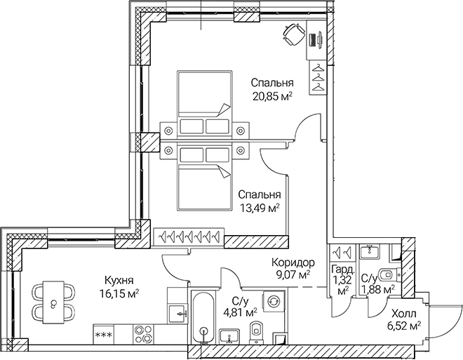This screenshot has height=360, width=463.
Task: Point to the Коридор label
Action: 294,263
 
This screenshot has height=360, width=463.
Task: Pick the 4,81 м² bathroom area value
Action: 239,312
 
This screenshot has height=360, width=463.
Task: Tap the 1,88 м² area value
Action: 377,288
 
